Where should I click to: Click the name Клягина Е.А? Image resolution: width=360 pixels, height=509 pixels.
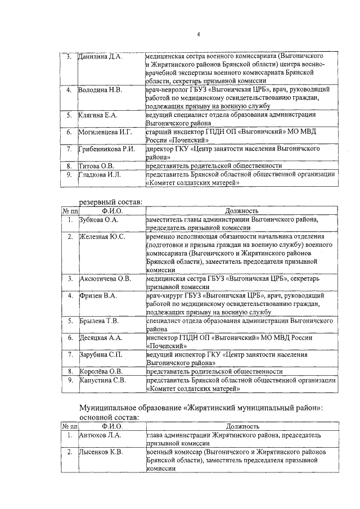[x=97, y=115]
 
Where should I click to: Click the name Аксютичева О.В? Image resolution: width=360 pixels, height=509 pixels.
[x=105, y=278]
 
